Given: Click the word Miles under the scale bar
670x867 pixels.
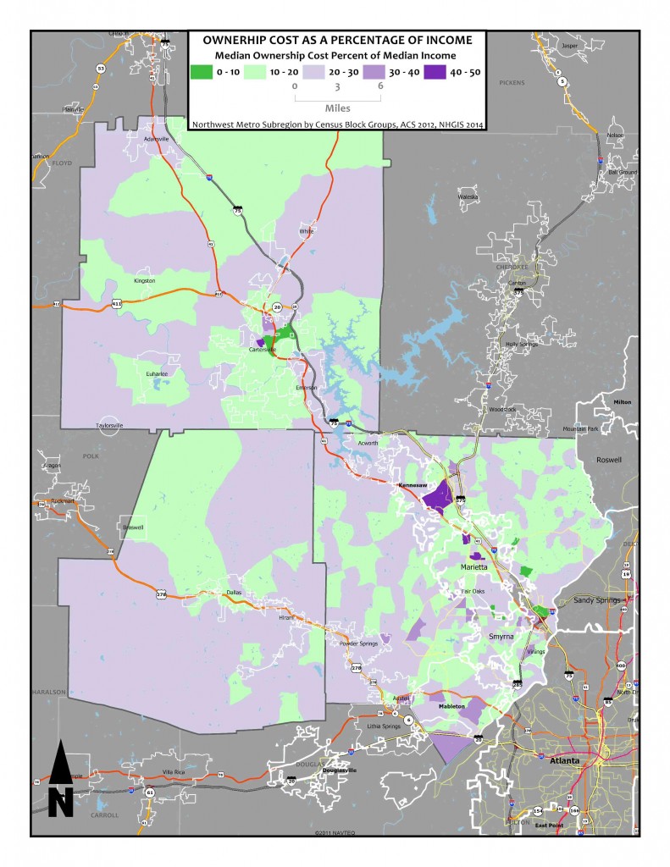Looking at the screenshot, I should coord(337,108).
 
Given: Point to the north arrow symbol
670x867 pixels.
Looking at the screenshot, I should coord(59,779).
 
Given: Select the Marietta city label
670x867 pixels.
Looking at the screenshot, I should coord(475,567).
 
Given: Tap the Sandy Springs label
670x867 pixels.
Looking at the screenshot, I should coord(600,599).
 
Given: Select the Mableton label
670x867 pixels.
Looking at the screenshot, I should coord(454,704).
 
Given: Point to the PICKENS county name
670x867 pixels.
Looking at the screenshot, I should coord(512,83).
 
